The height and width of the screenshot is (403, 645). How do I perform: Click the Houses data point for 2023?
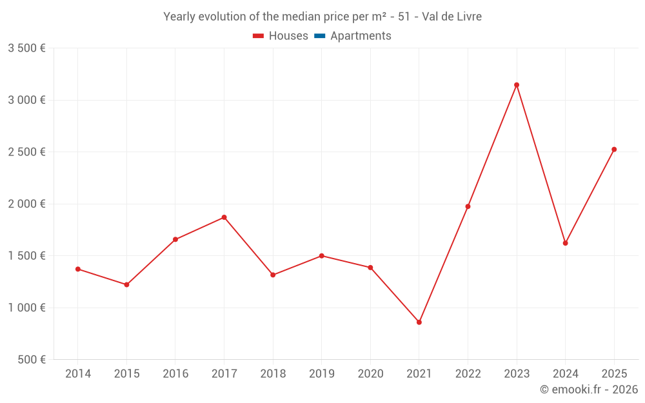517,85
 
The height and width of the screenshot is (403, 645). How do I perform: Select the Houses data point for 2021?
419,322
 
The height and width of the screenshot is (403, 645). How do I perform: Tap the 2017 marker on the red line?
224,217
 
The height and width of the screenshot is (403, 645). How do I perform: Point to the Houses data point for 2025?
614,150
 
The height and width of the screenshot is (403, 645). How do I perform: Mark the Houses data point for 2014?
78,269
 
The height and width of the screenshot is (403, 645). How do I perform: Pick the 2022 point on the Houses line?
468,206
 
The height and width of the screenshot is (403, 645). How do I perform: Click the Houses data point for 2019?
322,256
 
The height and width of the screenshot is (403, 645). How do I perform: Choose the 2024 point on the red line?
565,243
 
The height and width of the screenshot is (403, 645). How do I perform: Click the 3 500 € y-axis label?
26,48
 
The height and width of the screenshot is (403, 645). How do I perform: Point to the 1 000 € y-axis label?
26,308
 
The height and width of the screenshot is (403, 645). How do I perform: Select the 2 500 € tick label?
26,152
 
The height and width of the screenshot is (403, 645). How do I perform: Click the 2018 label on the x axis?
273,374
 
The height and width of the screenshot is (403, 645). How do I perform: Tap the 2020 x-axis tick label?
370,374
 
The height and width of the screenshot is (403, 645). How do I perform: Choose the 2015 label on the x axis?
126,374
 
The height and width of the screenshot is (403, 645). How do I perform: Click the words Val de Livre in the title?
451,16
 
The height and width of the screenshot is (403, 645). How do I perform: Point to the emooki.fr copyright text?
589,389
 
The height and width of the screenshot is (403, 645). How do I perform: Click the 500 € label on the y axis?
30,360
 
